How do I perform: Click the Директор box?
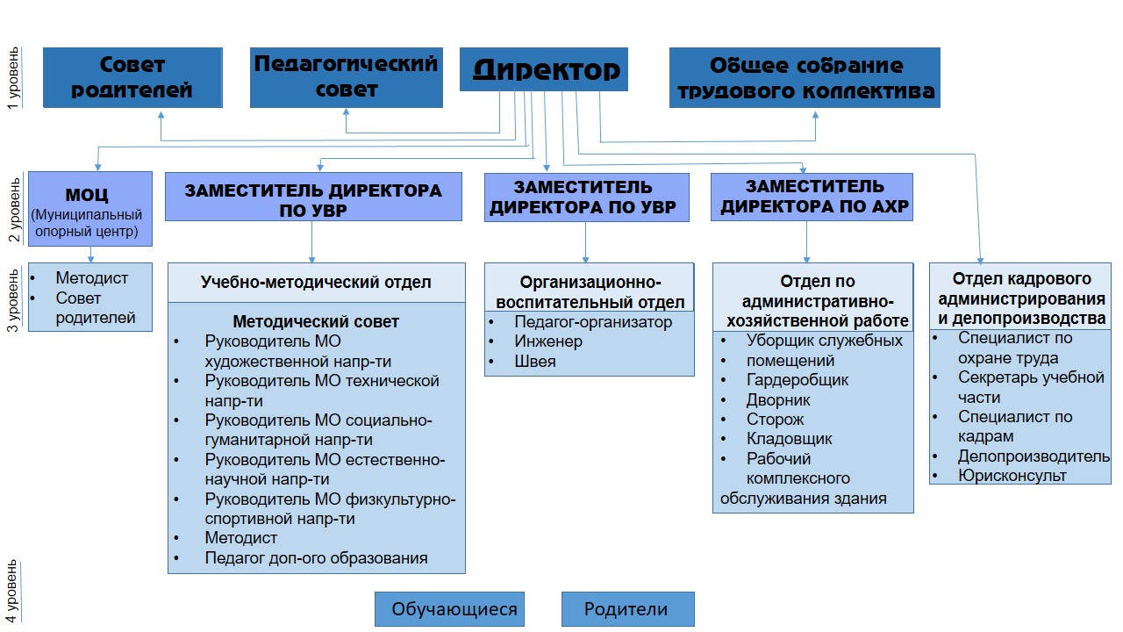[544, 69]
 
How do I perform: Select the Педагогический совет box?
[346, 77]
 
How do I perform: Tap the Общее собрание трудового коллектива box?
[805, 77]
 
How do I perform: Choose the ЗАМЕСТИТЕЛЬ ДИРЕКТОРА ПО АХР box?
[812, 197]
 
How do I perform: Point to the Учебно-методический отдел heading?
[316, 282]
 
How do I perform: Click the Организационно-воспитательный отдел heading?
[589, 292]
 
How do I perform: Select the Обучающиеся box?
[449, 609]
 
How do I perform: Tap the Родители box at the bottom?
[626, 609]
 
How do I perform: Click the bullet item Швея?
[534, 361]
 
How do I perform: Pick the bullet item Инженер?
[547, 341]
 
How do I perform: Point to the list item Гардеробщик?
[797, 380]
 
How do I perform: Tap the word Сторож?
[775, 420]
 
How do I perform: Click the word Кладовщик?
[789, 439]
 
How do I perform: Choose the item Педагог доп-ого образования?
[316, 557]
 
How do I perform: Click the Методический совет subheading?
[316, 322]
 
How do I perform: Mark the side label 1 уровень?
[12, 77]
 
